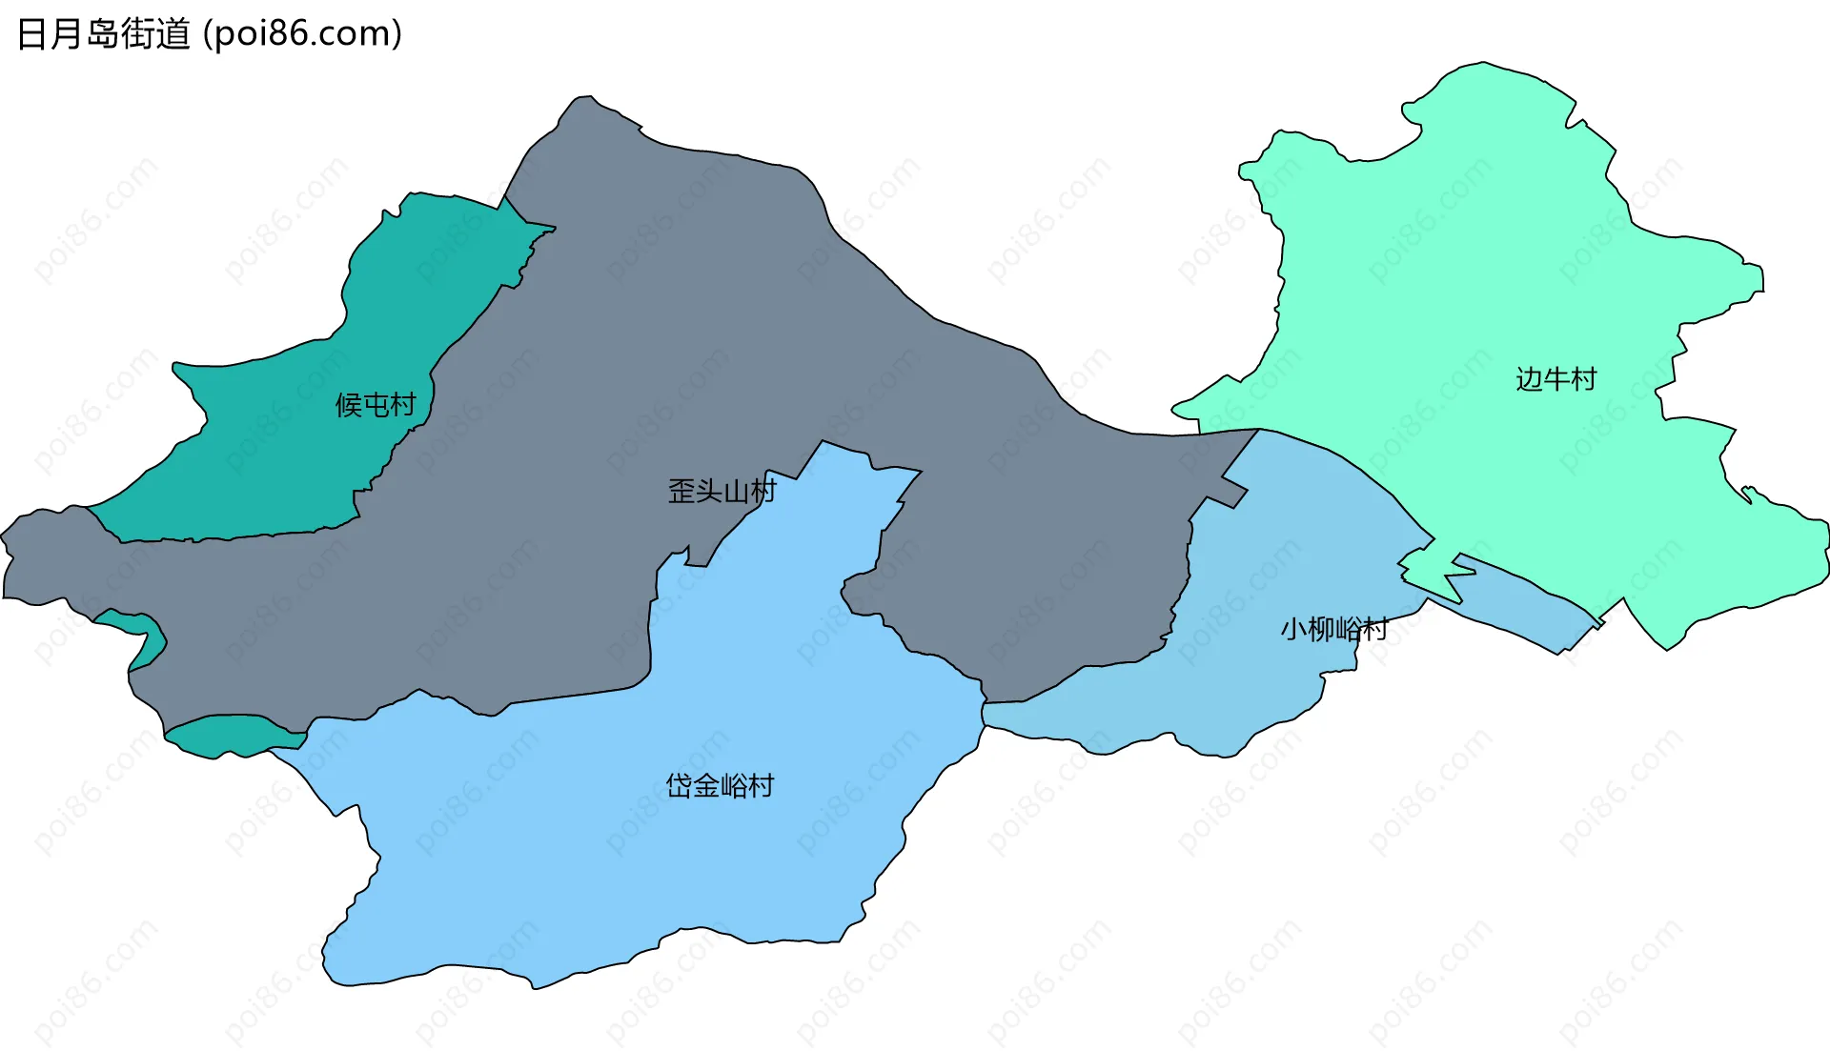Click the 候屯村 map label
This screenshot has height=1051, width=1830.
coord(376,405)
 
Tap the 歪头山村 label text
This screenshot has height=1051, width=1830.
coord(722,492)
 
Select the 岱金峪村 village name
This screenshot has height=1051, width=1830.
coord(720,786)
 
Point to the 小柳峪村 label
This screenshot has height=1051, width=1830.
coord(1333,629)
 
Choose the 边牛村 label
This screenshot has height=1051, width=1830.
coord(1555,379)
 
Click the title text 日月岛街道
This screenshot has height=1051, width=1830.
coord(104,34)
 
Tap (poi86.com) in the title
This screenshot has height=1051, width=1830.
coord(303,34)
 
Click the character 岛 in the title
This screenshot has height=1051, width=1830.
coord(103,34)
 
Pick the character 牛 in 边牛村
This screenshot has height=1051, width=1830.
coord(1556,379)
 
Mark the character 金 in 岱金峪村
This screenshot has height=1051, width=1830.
coord(706,786)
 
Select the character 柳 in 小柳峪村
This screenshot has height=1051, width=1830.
coord(1320,629)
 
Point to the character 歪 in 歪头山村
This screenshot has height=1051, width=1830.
coord(681,492)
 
